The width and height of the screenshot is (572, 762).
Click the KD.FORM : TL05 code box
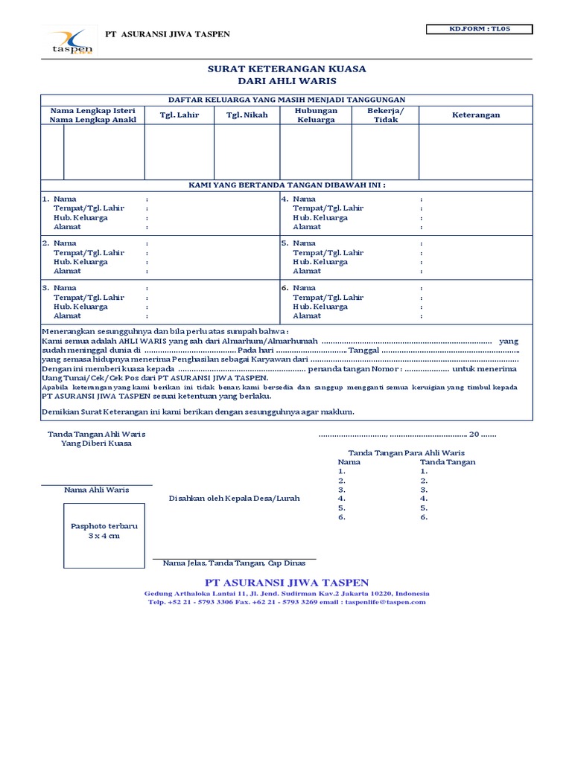(479, 30)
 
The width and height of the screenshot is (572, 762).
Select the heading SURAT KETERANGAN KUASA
(287, 68)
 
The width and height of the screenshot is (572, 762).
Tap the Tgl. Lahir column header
(179, 115)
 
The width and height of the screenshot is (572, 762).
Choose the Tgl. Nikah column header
(247, 115)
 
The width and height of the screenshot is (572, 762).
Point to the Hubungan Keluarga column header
(316, 115)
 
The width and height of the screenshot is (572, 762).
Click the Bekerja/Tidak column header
(385, 115)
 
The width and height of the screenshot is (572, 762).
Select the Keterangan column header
(476, 115)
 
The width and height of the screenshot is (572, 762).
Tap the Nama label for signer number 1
(65, 199)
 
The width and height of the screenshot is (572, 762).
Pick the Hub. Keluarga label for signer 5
(320, 262)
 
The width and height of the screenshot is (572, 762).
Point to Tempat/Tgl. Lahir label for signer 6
(328, 298)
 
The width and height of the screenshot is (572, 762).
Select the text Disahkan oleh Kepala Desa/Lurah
(235, 498)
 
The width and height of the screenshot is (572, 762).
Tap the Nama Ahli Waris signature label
(96, 490)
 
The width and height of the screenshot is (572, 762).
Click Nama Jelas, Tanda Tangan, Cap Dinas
(234, 563)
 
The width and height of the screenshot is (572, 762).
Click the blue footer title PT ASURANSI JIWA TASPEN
(287, 582)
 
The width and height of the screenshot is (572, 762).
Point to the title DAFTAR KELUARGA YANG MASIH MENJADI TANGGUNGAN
(287, 100)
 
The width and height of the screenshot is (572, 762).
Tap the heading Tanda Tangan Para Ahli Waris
(406, 452)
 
